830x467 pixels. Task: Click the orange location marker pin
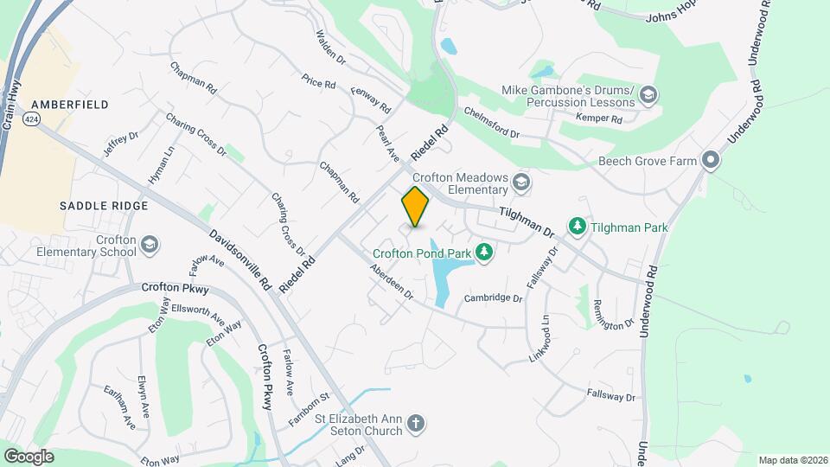click(415, 207)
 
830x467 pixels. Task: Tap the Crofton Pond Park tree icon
click(485, 253)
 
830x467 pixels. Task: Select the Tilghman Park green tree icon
click(577, 227)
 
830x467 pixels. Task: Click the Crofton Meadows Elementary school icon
click(520, 182)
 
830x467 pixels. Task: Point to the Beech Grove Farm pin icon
click(711, 160)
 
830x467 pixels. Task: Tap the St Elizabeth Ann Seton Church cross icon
click(416, 424)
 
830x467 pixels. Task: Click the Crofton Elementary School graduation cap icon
click(150, 246)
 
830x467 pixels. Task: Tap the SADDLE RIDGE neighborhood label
click(104, 206)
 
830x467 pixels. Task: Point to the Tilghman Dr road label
click(526, 222)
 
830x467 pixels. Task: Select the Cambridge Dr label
click(494, 298)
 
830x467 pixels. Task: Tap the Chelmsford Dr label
click(490, 122)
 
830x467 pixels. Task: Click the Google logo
click(29, 456)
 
